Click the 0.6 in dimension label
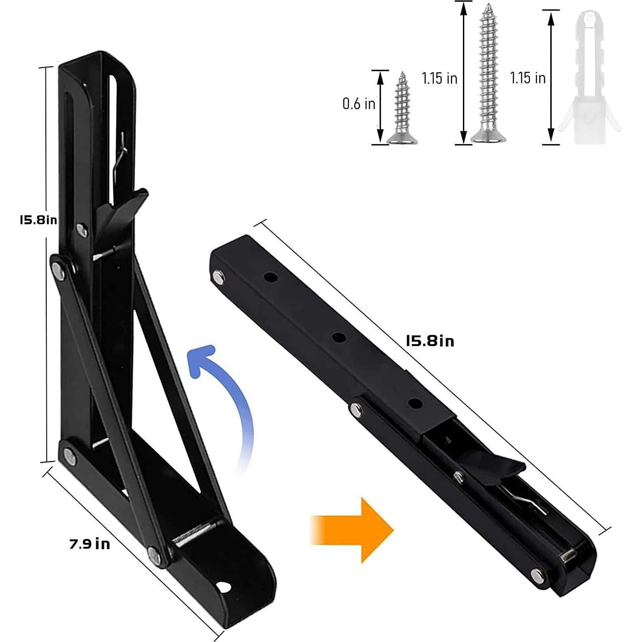[x=359, y=104]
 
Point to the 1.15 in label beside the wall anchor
[x=528, y=78]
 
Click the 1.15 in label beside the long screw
[x=439, y=79]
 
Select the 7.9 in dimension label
[x=90, y=544]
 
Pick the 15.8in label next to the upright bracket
[x=38, y=220]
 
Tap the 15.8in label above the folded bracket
[x=430, y=341]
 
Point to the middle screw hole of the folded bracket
[x=339, y=337]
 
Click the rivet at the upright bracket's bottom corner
[x=69, y=456]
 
